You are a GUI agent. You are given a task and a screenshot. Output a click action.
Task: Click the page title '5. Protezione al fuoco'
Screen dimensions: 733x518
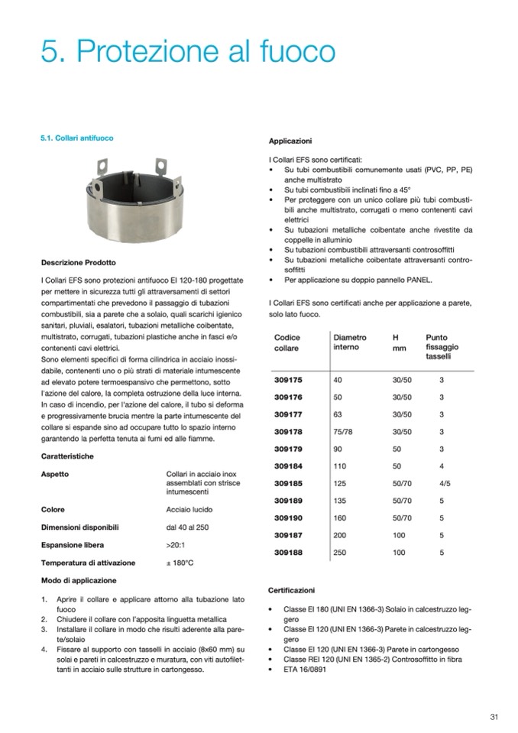pos(188,52)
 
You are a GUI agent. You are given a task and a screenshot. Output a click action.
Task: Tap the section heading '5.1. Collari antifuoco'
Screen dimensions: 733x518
pos(77,139)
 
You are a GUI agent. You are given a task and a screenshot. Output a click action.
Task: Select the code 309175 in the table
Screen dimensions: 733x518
pos(288,379)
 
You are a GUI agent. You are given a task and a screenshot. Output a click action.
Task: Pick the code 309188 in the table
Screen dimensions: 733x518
pos(288,551)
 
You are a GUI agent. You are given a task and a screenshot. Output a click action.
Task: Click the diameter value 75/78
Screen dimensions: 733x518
pos(344,432)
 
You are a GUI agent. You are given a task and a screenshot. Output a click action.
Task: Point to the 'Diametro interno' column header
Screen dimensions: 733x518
pos(350,342)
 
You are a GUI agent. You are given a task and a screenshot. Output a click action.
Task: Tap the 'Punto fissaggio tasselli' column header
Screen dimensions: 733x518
pos(442,346)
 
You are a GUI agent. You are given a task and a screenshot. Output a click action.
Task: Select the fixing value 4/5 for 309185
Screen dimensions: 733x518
pos(445,483)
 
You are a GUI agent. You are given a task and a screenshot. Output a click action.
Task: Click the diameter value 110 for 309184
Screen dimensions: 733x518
pos(341,466)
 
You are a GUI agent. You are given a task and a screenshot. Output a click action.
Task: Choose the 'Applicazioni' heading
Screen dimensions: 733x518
pos(290,141)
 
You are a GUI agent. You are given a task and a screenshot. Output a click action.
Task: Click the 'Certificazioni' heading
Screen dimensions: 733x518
pos(292,591)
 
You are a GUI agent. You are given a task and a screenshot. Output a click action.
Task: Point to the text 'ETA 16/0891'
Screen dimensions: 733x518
pos(309,669)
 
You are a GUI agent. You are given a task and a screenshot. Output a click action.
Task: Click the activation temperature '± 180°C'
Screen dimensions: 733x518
pos(180,563)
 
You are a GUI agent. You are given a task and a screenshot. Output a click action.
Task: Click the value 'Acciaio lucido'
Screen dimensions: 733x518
pos(189,509)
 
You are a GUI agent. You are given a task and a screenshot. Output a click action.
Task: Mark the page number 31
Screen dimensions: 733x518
pos(494,716)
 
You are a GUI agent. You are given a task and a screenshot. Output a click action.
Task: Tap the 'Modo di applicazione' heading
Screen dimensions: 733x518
pos(79,581)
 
